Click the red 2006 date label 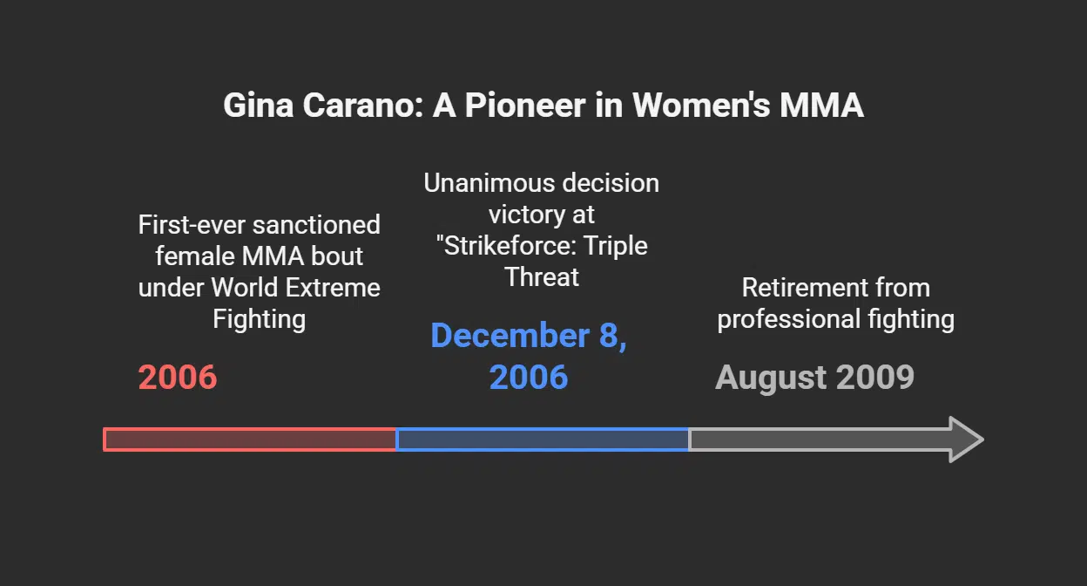click(178, 378)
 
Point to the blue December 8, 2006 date click(529, 357)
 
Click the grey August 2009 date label click(814, 378)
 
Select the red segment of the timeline click(250, 439)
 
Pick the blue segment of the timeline click(543, 439)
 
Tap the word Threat click(541, 277)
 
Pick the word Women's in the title click(701, 106)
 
